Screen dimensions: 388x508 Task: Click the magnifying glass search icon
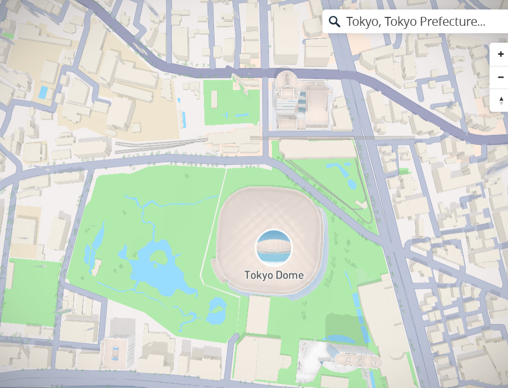tap(335, 22)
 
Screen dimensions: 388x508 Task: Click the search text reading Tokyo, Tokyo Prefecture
tap(415, 22)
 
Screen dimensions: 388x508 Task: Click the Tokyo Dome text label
tap(274, 275)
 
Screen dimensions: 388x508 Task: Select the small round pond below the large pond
tap(217, 311)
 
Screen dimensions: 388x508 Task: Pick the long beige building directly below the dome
tap(258, 314)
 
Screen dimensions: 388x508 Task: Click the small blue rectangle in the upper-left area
tap(43, 92)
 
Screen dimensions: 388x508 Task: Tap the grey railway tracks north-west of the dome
tap(158, 143)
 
